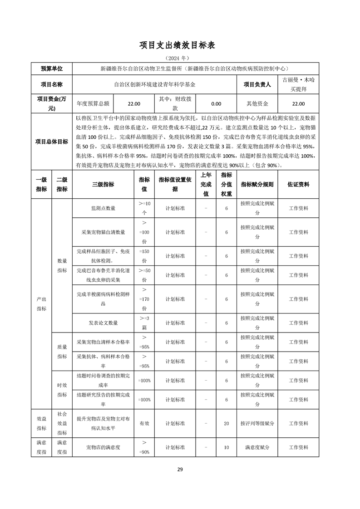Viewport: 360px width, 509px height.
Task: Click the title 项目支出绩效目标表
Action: tap(180, 45)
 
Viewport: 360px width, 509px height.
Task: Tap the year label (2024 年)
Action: tap(180, 59)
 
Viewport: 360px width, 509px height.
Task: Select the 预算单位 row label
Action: tap(51, 69)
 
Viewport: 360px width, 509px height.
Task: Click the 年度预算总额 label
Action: tap(93, 103)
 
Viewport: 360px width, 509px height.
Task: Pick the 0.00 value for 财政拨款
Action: tap(216, 103)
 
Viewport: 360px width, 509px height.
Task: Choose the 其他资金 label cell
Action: tap(257, 103)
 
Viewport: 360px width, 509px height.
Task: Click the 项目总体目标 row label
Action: tap(51, 142)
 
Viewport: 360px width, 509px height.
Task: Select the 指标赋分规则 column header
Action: tap(257, 185)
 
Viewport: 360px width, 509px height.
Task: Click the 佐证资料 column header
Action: tap(299, 185)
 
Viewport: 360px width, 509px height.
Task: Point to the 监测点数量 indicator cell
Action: tap(103, 208)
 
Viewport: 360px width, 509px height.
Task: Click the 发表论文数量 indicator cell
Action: tap(103, 323)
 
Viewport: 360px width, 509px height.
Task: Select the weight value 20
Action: tap(227, 423)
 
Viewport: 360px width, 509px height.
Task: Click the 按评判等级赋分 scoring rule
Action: tap(257, 423)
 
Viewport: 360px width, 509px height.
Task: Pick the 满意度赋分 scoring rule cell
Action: tap(257, 447)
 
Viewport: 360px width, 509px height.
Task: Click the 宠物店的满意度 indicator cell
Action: tap(103, 447)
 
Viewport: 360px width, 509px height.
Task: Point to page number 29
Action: tap(180, 469)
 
